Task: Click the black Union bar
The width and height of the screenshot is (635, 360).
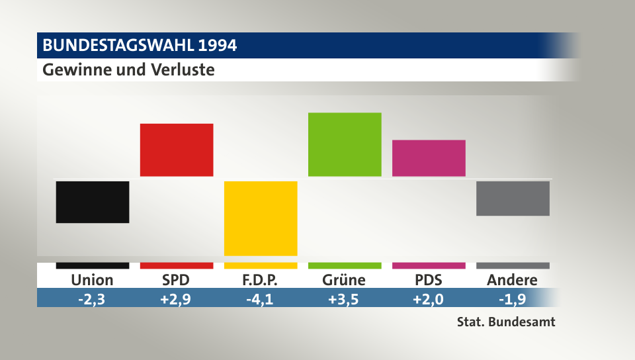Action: (92, 202)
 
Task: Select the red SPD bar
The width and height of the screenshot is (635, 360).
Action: (177, 150)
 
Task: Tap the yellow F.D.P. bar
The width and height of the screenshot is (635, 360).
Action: (261, 218)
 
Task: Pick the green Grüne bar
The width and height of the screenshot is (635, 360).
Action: (345, 144)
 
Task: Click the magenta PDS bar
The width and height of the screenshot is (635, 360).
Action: (429, 158)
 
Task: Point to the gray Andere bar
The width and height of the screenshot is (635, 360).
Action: (513, 199)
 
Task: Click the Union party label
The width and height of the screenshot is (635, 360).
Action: (92, 280)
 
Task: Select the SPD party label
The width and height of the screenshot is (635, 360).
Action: (176, 280)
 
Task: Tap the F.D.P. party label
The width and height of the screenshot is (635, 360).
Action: (260, 280)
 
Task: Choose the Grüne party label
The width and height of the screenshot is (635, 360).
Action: (344, 280)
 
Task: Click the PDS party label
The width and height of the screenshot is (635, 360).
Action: (428, 280)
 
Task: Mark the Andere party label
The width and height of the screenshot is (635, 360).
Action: (512, 280)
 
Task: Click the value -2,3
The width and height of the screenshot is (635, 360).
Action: (92, 298)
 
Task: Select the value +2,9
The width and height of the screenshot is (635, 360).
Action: (176, 298)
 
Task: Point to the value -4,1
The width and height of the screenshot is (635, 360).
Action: (260, 298)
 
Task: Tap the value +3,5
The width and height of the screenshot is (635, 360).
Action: (344, 298)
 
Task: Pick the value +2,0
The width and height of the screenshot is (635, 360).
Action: (428, 298)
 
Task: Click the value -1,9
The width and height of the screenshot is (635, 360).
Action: (512, 298)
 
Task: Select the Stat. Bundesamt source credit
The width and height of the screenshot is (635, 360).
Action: (505, 323)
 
